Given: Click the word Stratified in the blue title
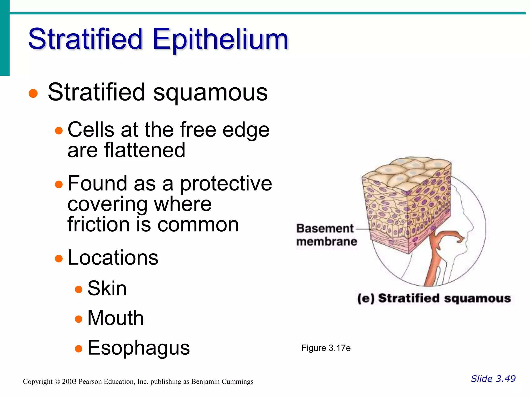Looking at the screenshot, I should point(85,39).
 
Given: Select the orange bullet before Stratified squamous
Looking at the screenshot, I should point(33,93).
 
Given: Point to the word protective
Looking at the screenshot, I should point(226,184).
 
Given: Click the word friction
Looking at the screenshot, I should point(98,224).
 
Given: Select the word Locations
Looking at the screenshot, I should point(113,258).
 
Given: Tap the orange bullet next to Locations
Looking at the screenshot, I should point(59,258).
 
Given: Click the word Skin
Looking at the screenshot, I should point(107,288).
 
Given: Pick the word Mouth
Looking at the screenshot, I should point(115,318).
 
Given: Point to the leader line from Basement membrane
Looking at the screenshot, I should point(362,229).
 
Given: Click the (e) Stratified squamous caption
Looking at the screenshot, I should point(434,298).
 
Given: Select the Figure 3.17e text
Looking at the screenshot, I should point(326,348).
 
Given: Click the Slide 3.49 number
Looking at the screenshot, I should point(493,379).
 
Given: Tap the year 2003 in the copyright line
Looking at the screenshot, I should point(69,382).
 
